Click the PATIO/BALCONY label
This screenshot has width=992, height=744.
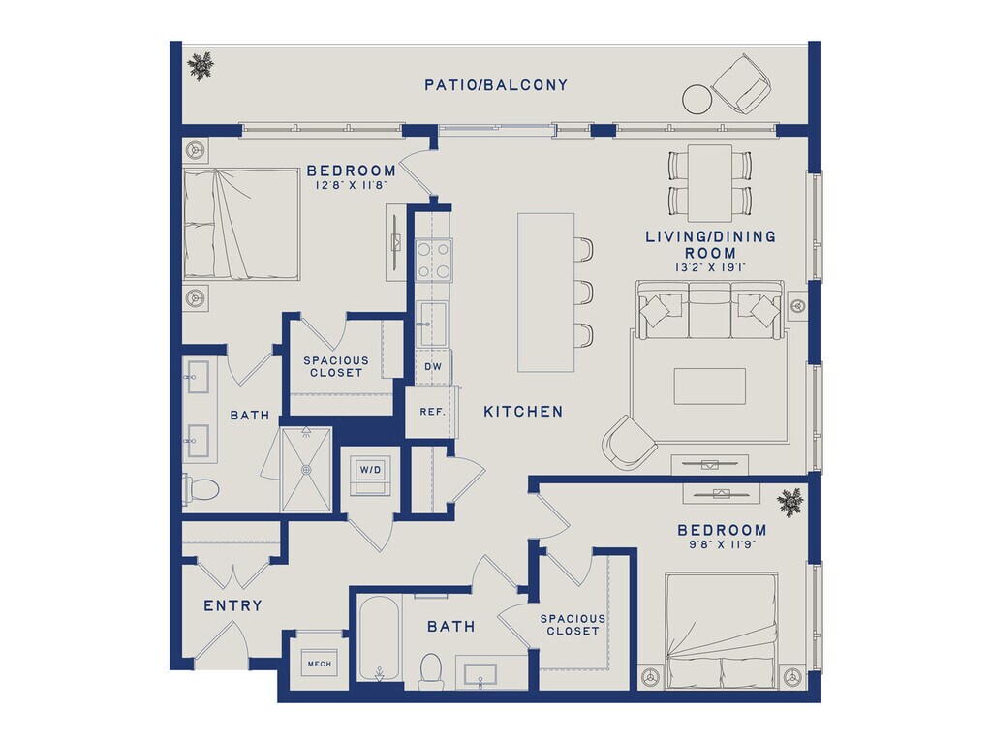(x=496, y=85)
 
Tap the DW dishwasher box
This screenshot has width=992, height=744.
(x=433, y=366)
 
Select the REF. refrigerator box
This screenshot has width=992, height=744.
(x=431, y=411)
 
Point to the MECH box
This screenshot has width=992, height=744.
(x=319, y=664)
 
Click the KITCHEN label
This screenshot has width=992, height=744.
(x=523, y=412)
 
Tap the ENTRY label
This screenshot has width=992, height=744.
(x=232, y=606)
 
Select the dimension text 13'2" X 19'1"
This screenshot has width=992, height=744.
(x=710, y=267)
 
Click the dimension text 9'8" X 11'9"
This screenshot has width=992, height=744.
(x=722, y=544)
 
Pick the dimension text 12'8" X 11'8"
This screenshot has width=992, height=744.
(x=351, y=185)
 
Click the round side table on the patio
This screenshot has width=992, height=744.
(x=697, y=100)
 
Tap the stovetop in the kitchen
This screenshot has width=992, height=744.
(x=433, y=260)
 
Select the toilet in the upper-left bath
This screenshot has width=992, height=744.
(x=201, y=488)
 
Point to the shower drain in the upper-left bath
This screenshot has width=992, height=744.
(x=307, y=470)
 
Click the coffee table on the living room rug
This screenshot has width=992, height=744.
(x=709, y=386)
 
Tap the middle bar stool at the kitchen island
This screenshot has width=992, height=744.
(x=584, y=293)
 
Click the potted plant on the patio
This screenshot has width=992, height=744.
(x=201, y=66)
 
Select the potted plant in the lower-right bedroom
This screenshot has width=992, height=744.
(x=790, y=503)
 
